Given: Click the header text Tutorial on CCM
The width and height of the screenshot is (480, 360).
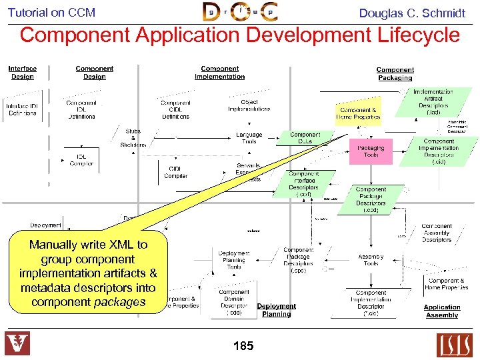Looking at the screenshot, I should pos(51,12).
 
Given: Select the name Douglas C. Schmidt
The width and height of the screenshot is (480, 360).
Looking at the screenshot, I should pos(412,13).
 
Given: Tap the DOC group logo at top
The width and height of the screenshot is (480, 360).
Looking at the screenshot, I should pos(240,12).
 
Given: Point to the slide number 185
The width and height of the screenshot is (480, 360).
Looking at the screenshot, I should pos(243,345).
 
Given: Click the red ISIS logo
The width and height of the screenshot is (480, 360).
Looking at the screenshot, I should pos(454,345).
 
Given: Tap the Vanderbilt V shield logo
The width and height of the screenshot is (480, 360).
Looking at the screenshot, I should pos(17,344).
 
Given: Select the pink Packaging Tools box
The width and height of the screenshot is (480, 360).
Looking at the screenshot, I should pos(371,151).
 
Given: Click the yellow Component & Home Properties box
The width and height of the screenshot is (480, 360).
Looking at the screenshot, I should pos(358,113).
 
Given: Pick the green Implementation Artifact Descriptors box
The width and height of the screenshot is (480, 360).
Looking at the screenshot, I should pos(433,102).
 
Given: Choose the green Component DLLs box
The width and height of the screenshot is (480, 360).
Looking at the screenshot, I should pos(305,138).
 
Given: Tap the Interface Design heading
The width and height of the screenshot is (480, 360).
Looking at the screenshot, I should pos(23,72).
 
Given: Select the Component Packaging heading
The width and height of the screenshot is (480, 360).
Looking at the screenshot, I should pos(395,73).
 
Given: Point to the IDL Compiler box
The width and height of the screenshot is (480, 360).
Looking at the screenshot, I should pos(81,160).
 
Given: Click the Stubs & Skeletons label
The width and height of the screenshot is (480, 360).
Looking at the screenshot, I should pos(133,138).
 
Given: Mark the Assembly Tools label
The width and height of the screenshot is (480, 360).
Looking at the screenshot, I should pos(371,259).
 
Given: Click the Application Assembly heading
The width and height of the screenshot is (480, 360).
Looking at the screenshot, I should pos(442,311).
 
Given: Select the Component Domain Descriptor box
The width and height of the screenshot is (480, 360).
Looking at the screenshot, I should pos(234,302).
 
